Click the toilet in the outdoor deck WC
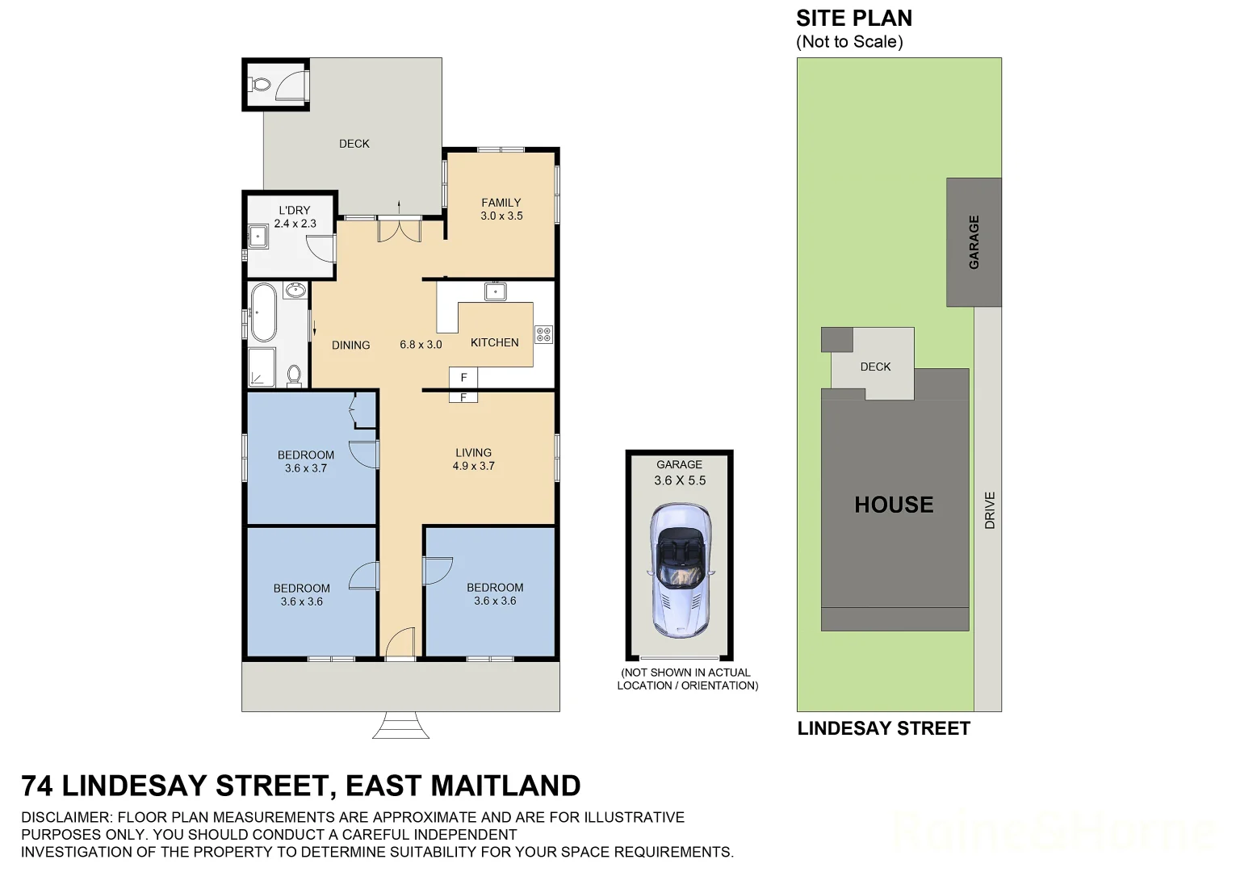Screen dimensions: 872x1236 (x=260, y=84)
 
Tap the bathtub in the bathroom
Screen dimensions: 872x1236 (x=263, y=312)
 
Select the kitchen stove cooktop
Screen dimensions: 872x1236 (x=543, y=333)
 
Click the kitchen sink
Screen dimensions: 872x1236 (x=495, y=291)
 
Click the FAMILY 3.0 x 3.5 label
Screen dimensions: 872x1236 (x=501, y=209)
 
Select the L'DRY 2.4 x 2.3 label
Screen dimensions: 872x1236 (x=295, y=216)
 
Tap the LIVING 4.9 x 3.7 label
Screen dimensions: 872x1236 (x=473, y=459)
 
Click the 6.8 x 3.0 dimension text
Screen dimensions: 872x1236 (x=421, y=345)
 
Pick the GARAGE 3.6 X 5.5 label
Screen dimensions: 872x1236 (x=679, y=472)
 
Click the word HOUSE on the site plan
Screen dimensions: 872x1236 (x=894, y=505)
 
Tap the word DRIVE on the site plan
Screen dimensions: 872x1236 (x=990, y=510)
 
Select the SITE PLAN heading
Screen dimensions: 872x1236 (x=853, y=19)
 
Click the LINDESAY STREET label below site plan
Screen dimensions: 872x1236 (x=883, y=728)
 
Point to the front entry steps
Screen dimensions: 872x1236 (x=400, y=726)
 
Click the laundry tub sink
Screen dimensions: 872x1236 (x=258, y=237)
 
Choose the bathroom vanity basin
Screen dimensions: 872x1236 (x=295, y=290)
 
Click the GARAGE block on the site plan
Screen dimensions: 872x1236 (x=974, y=242)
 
